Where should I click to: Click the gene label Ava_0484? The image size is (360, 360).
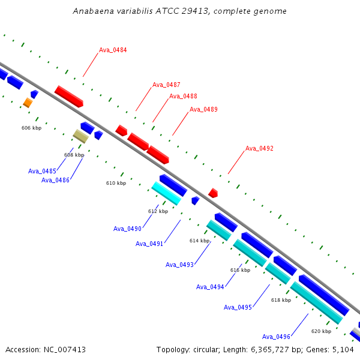point(113,50)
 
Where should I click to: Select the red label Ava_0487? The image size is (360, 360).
point(166,85)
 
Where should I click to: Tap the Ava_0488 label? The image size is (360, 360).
point(183,96)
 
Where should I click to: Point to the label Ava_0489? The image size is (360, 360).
point(203,109)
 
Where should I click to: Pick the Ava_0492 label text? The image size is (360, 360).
point(259,148)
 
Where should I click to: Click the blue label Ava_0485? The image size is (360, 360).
point(42,171)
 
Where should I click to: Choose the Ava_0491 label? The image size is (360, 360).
point(149,244)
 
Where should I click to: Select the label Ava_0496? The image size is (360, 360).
point(276,337)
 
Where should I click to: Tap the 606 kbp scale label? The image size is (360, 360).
point(31,128)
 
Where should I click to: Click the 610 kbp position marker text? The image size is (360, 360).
point(116,183)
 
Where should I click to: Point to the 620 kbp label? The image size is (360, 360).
point(321,331)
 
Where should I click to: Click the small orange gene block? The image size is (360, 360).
point(28,103)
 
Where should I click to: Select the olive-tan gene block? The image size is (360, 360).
point(80,136)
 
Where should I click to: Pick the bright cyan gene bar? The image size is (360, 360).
point(166,193)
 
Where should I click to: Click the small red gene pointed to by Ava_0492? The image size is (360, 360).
point(213,193)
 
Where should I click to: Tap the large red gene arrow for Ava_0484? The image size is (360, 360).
point(69,97)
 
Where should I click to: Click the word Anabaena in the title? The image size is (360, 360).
point(93,11)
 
